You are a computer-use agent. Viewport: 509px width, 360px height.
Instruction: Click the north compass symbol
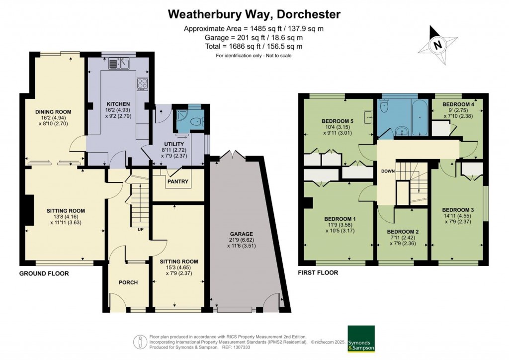tap(437, 44)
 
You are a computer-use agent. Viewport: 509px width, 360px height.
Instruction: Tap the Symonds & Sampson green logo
tap(361, 339)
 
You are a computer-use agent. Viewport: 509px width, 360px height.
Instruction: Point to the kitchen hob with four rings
tap(143, 84)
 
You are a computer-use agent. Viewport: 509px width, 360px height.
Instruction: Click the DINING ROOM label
tap(53, 112)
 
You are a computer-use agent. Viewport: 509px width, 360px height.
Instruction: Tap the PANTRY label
tap(178, 181)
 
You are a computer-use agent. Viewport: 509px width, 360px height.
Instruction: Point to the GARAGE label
tap(242, 234)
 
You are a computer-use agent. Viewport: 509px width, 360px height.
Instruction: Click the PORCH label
tap(128, 282)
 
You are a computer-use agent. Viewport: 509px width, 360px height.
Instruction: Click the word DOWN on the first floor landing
tap(388, 171)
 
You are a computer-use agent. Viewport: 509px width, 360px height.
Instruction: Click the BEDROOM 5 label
tap(338, 121)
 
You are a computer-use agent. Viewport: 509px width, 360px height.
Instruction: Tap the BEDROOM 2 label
tap(403, 232)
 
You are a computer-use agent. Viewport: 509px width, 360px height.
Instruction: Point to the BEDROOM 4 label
tap(457, 104)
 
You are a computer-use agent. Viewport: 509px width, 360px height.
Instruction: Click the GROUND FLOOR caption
tap(44, 273)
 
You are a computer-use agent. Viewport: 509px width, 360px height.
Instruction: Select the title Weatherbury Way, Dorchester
tap(254, 14)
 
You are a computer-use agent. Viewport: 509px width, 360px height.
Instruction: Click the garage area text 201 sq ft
tap(254, 37)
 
